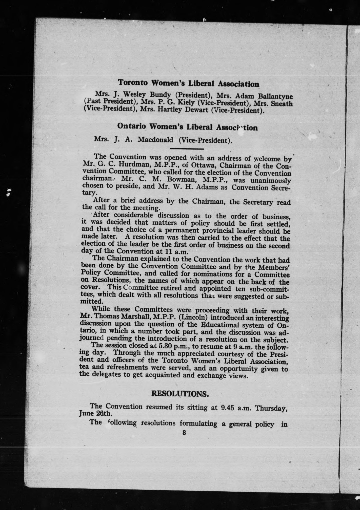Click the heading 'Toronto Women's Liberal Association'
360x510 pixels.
click(189, 83)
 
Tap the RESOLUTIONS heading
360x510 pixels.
click(180, 393)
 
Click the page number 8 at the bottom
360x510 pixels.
click(184, 433)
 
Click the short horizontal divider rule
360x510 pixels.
click(187, 149)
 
